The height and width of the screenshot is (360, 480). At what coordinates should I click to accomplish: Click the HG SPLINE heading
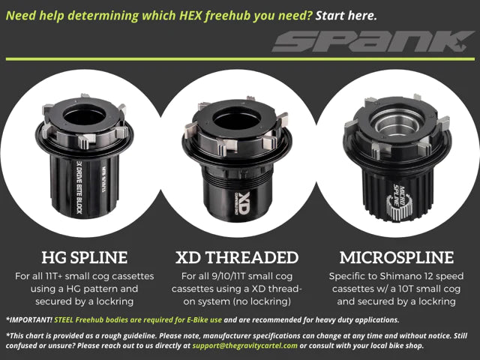(79, 258)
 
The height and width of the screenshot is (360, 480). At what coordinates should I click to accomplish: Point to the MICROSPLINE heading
(397, 258)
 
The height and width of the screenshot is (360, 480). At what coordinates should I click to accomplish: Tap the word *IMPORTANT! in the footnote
(28, 319)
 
